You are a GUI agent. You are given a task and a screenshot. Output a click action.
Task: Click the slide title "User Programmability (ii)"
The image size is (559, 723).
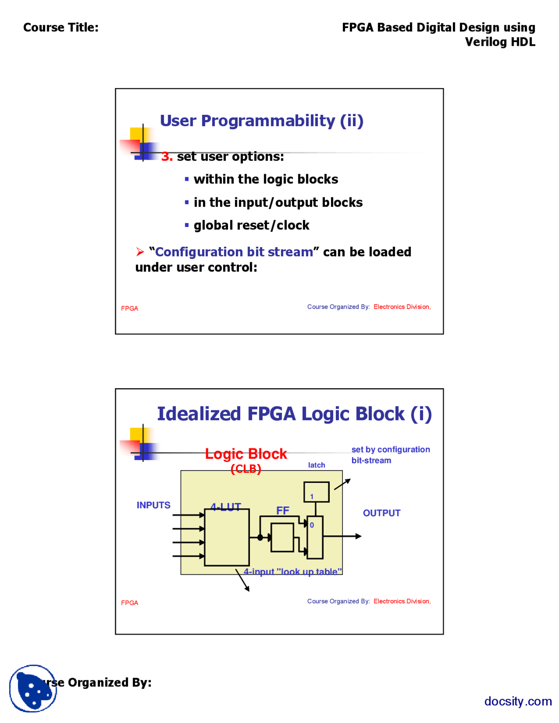coord(262,121)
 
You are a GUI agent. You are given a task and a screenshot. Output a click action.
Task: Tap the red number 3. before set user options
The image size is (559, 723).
coord(167,157)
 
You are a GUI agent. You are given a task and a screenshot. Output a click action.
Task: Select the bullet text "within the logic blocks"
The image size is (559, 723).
coord(266,179)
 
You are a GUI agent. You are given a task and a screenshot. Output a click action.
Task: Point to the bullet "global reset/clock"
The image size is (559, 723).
coord(251,225)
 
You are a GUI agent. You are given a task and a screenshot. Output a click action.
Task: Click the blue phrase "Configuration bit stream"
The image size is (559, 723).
coord(234,252)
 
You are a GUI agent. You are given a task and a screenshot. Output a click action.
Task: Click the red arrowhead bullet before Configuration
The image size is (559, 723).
coord(140,252)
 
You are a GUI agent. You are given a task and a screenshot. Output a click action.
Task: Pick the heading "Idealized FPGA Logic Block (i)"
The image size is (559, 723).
coord(294,414)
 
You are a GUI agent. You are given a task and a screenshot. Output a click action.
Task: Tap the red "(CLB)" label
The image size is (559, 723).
coord(246,469)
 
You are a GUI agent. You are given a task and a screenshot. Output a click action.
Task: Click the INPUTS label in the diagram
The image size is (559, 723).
coord(153,505)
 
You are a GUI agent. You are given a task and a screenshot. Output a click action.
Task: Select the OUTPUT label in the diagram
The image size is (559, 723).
coord(381,513)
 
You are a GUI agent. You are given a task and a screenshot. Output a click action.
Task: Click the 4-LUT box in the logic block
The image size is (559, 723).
coord(227,537)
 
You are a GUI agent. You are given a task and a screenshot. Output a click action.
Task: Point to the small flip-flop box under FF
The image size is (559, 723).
coord(282,537)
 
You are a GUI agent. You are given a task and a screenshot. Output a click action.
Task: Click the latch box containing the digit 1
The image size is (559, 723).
coord(316,492)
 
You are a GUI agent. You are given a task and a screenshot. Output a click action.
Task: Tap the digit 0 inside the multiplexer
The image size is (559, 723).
coord(312,525)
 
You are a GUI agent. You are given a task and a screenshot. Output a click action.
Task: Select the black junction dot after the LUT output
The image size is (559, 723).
coord(260,537)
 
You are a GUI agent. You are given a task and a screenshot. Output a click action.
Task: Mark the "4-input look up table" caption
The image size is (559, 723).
coord(293,572)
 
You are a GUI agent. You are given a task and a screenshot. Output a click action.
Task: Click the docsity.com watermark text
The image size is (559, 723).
coord(518,701)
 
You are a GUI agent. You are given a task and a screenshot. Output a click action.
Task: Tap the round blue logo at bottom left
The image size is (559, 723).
coord(33,689)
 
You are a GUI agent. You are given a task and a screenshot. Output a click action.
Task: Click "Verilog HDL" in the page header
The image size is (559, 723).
coord(500,42)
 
